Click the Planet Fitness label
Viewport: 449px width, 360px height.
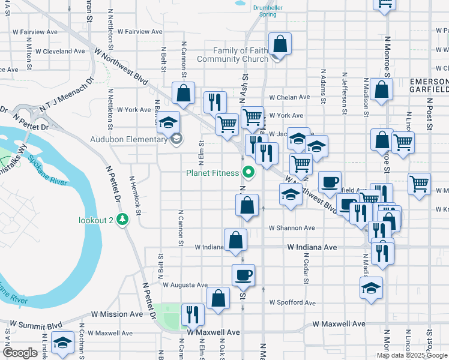coord(212,174)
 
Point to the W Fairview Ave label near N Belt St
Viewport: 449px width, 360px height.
coord(140,31)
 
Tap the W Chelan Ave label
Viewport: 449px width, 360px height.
coord(289,97)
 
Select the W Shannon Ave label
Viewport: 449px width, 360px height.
coord(292,228)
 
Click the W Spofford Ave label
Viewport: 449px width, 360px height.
coord(292,303)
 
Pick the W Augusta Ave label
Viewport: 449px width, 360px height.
coord(184,285)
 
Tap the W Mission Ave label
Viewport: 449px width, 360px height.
coord(117,314)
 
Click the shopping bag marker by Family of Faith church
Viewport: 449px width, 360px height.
coord(280,44)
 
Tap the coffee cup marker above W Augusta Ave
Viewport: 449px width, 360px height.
coord(243,275)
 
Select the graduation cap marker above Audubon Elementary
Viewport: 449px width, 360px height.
coord(169,122)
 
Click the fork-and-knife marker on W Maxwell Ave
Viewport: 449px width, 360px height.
coord(193,314)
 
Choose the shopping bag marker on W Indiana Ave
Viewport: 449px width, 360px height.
coord(236,240)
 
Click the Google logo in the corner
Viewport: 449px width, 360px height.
coord(20,353)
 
